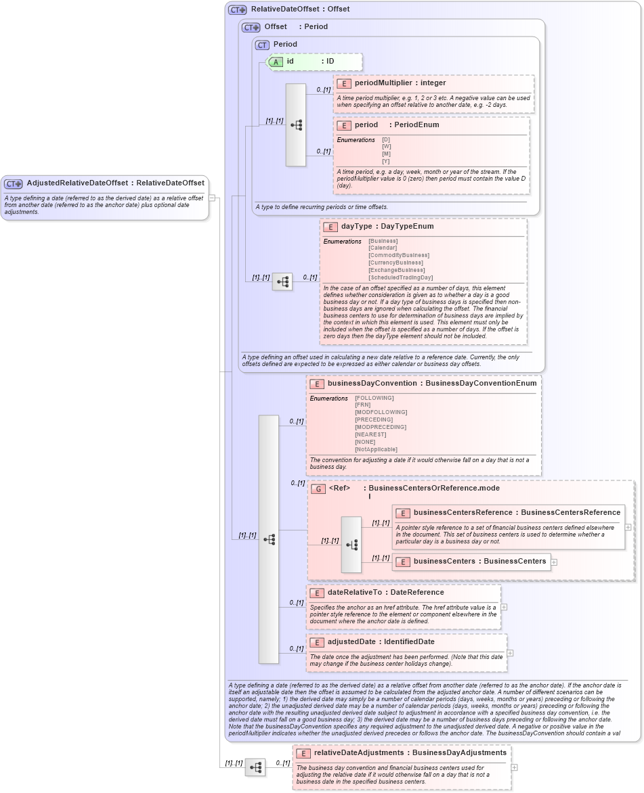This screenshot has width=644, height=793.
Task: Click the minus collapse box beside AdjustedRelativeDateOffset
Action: pyautogui.click(x=212, y=198)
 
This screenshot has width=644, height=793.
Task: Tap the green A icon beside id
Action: pyautogui.click(x=276, y=62)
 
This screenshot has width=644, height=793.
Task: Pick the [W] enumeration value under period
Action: pyautogui.click(x=386, y=147)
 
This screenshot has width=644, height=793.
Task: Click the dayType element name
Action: pyautogui.click(x=356, y=227)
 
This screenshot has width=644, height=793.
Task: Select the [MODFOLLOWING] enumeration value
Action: pyautogui.click(x=381, y=412)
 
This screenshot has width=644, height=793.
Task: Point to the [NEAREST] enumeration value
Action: pyautogui.click(x=370, y=434)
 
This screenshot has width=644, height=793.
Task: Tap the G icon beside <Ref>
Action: pyautogui.click(x=318, y=489)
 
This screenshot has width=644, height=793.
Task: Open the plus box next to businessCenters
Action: pyautogui.click(x=554, y=562)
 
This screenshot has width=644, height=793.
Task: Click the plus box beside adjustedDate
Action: pyautogui.click(x=510, y=653)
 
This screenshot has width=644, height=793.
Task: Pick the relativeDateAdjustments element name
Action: pyautogui.click(x=360, y=753)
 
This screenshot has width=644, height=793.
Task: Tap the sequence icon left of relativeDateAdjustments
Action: pyautogui.click(x=255, y=767)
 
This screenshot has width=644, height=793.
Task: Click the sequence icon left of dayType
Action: pyautogui.click(x=282, y=281)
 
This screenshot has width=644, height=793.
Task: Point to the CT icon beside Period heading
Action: pyautogui.click(x=262, y=45)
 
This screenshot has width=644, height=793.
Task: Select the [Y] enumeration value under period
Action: pyautogui.click(x=386, y=161)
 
